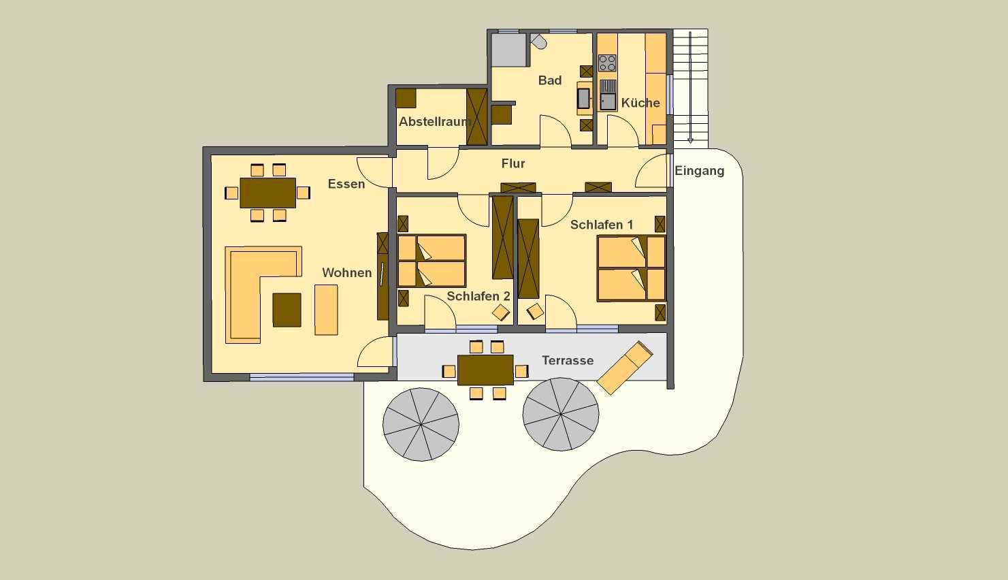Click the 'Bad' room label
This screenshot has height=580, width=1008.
(x=550, y=80)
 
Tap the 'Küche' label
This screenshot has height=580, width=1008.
(x=640, y=103)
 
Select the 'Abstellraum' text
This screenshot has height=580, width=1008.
(x=434, y=121)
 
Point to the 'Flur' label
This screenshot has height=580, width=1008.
(x=513, y=163)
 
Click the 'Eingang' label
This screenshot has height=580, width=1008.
(x=699, y=171)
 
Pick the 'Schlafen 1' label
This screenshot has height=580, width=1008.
(x=602, y=225)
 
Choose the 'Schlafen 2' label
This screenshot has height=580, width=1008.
(x=478, y=296)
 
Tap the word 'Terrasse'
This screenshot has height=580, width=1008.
(x=568, y=360)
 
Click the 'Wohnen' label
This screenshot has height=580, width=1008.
(x=347, y=273)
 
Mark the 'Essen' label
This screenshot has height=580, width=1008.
(x=346, y=184)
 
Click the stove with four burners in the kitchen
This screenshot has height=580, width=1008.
(x=607, y=63)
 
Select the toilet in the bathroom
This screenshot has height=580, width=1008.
(x=538, y=41)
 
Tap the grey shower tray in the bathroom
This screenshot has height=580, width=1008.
(x=508, y=50)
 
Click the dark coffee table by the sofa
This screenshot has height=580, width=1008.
(x=287, y=310)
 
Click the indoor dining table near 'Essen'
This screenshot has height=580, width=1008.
(x=267, y=193)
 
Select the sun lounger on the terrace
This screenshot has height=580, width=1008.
(x=625, y=368)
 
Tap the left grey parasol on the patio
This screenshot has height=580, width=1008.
(x=421, y=424)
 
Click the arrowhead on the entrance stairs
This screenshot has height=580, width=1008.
(x=690, y=140)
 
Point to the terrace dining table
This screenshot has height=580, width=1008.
(x=485, y=370)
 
